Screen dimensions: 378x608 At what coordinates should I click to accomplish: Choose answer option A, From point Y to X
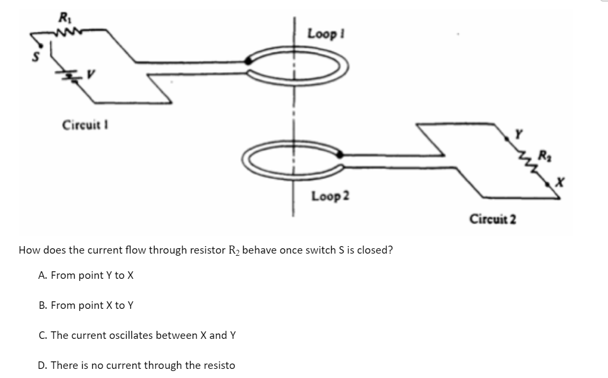coord(86,275)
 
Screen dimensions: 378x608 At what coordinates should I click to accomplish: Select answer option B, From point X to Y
coord(86,305)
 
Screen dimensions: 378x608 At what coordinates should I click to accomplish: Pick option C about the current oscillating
coord(137,335)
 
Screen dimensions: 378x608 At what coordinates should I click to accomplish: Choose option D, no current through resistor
coord(136,365)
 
